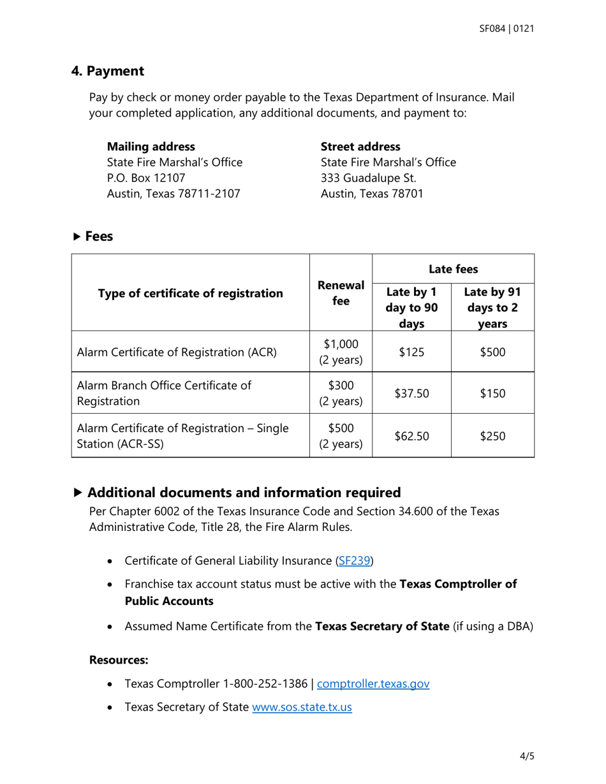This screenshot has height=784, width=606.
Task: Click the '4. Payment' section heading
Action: pos(107,71)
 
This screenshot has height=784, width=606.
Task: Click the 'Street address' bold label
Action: pos(360,147)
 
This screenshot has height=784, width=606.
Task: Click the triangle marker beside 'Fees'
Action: pos(77,236)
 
